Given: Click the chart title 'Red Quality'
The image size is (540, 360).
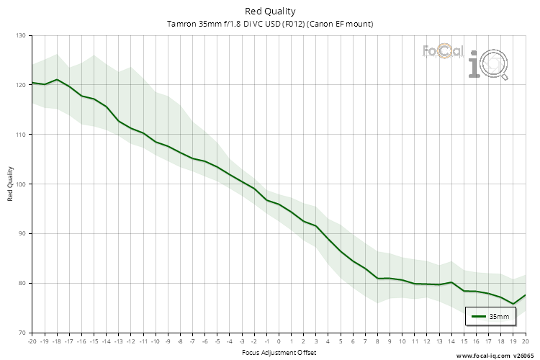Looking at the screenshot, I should pyautogui.click(x=270, y=11).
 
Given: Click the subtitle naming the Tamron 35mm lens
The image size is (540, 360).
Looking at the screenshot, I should pyautogui.click(x=270, y=24).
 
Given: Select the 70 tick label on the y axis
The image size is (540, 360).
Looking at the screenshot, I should pyautogui.click(x=21, y=333).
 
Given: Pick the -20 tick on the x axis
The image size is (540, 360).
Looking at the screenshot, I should pyautogui.click(x=32, y=341).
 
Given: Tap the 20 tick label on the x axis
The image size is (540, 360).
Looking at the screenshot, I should pyautogui.click(x=526, y=341).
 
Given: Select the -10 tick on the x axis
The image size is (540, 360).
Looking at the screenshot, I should pyautogui.click(x=156, y=341).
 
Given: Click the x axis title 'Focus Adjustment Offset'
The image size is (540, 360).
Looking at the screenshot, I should pyautogui.click(x=279, y=352).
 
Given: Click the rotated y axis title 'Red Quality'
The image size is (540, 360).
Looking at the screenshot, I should pyautogui.click(x=11, y=184).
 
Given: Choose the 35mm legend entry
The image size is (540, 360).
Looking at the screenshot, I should pyautogui.click(x=490, y=316).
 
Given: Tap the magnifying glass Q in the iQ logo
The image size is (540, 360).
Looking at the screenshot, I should pyautogui.click(x=495, y=67).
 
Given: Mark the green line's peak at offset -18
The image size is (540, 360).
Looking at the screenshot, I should pyautogui.click(x=57, y=80).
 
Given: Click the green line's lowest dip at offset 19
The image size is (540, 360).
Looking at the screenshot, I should pyautogui.click(x=513, y=304).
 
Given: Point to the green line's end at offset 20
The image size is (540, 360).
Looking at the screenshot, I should pyautogui.click(x=526, y=295).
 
